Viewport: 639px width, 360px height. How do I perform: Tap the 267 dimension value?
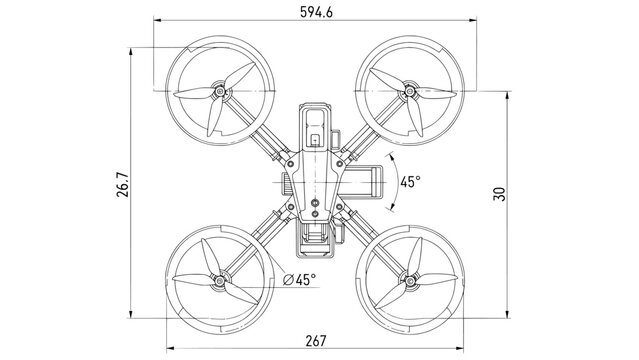[x=315, y=341]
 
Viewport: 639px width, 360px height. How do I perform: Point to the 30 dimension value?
[x=499, y=195]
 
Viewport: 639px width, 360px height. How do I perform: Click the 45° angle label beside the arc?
[x=410, y=182]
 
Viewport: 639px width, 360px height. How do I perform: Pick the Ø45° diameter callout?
[x=299, y=279]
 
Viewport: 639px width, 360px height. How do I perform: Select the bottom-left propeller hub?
[x=219, y=282]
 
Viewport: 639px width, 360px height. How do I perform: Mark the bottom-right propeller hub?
[x=408, y=282]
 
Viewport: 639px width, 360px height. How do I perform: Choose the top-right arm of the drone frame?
[x=366, y=135]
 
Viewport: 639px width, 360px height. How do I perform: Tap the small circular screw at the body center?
[x=315, y=203]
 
